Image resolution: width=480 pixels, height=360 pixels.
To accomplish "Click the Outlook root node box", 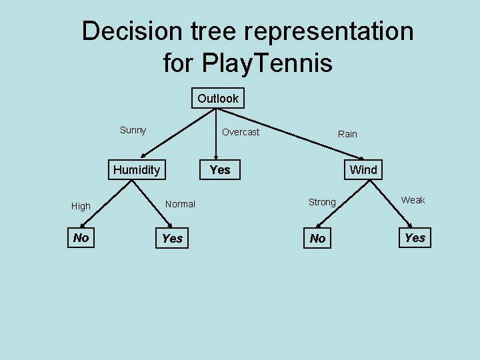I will pyautogui.click(x=218, y=99).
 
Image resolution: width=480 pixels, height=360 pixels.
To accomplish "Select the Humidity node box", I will pyautogui.click(x=137, y=170).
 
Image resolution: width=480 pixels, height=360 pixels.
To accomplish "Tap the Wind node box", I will pyautogui.click(x=363, y=170).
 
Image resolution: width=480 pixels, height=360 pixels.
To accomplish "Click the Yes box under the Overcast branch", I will pyautogui.click(x=220, y=170).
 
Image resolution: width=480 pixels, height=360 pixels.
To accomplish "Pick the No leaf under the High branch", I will pyautogui.click(x=81, y=238).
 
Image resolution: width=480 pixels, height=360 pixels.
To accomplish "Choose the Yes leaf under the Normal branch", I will pyautogui.click(x=172, y=239).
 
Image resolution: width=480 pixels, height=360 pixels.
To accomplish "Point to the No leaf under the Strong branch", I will pyautogui.click(x=318, y=239).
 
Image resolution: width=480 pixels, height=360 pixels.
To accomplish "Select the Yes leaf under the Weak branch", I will pyautogui.click(x=415, y=238).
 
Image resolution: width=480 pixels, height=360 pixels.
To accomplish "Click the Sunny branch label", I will pyautogui.click(x=133, y=130).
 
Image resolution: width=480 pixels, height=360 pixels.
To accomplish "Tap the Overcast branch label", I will pyautogui.click(x=241, y=132).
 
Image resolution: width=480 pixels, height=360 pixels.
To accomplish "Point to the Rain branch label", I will pyautogui.click(x=347, y=134).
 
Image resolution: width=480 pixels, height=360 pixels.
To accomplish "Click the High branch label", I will pyautogui.click(x=81, y=206).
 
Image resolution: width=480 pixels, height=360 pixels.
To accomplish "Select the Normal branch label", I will pyautogui.click(x=180, y=204).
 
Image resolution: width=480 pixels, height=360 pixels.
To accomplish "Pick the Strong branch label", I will pyautogui.click(x=322, y=202).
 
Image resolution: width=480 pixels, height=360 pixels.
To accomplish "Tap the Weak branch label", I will pyautogui.click(x=413, y=200).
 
